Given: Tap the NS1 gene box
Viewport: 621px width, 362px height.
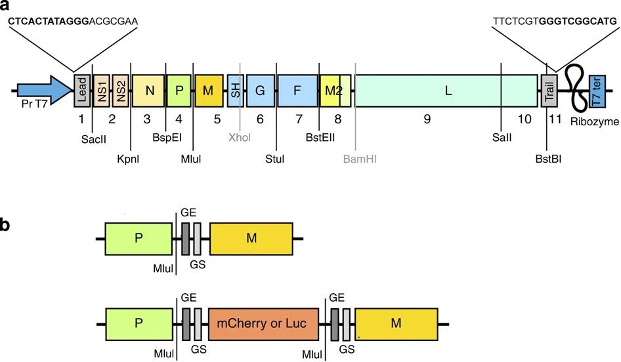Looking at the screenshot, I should coord(102,90).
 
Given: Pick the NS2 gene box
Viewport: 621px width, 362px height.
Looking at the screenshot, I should coord(120,90).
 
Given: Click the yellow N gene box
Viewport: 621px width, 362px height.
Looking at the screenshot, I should coord(148,91).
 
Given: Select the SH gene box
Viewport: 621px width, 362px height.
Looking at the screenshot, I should coord(234,91).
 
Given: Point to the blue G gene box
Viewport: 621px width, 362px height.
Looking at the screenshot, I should coord(260,91).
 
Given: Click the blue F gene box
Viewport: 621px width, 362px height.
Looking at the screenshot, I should coord(297,91).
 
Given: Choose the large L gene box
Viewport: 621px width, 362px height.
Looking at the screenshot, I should coord(447,91).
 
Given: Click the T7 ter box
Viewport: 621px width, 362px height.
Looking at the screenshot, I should coord(597,91).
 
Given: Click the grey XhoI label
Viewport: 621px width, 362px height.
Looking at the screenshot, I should coord(240,138).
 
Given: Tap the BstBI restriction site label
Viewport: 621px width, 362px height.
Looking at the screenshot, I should coord(547,159).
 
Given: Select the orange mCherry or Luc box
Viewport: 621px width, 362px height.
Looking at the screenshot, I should coord(263,324).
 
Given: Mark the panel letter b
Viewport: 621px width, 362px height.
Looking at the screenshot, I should coord(6,225).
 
